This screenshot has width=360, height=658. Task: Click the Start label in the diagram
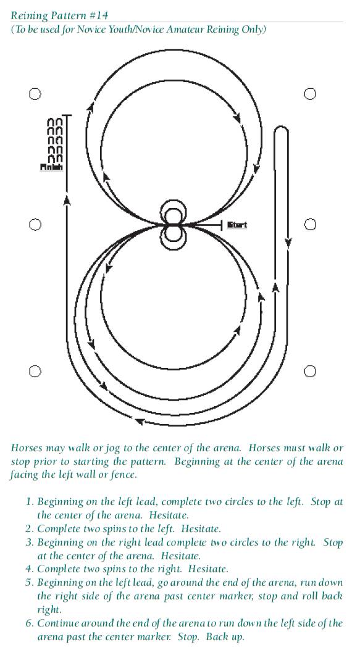(237, 225)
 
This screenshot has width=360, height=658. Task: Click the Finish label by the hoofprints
(51, 167)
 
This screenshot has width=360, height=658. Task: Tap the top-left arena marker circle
(35, 94)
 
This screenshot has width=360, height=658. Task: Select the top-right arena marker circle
(309, 94)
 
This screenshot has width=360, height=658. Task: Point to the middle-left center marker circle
(35, 225)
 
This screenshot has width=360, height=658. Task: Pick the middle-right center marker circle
(309, 225)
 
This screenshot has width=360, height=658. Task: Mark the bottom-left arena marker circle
(35, 371)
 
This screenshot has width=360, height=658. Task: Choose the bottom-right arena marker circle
(309, 371)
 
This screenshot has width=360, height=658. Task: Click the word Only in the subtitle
(253, 30)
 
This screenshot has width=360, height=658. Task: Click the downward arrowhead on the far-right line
(288, 243)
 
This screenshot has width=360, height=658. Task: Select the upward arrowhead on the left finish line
(66, 201)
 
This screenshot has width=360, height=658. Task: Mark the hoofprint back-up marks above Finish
(55, 140)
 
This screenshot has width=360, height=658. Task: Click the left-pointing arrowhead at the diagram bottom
(139, 420)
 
